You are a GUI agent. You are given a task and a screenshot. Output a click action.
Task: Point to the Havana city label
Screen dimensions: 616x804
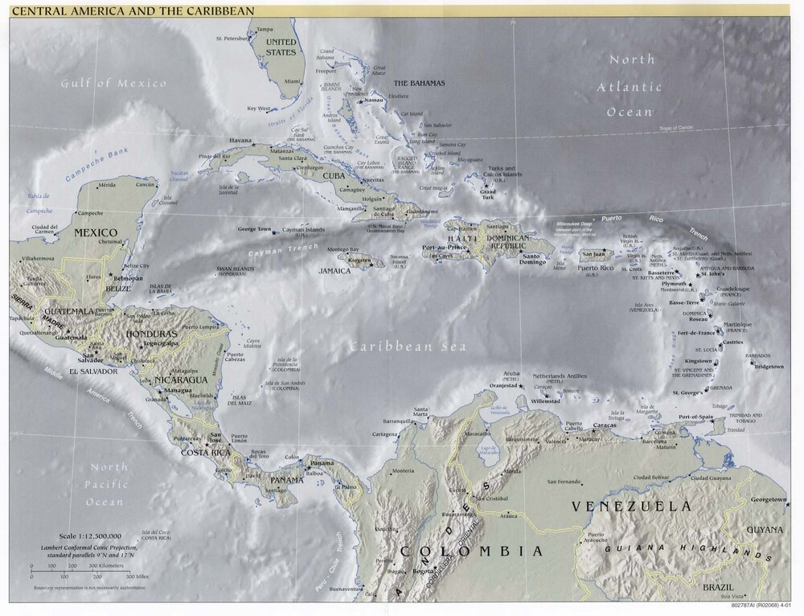tap(240, 140)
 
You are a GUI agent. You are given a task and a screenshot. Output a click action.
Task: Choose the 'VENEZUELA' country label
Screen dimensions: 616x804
tap(630, 506)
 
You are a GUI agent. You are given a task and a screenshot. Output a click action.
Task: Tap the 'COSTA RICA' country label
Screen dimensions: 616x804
tap(204, 454)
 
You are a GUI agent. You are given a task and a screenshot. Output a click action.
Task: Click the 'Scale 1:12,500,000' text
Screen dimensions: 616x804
tap(90, 536)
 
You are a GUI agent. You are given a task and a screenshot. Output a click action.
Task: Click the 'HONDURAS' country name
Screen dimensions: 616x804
tap(151, 333)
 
